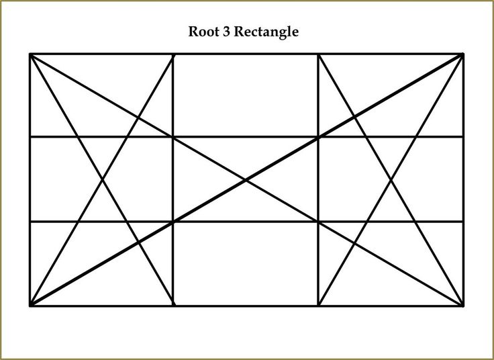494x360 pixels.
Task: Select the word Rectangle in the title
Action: [x=265, y=32]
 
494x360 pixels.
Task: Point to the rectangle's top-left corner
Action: [x=30, y=54]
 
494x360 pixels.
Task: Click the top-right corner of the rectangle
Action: [x=462, y=54]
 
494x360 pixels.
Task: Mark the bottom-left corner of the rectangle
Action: [x=30, y=305]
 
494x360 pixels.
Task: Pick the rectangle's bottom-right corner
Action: [x=462, y=305]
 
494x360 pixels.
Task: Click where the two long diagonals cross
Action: [x=246, y=179]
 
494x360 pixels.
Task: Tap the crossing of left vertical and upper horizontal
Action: [x=174, y=137]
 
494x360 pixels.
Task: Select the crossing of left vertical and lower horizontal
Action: [x=174, y=221]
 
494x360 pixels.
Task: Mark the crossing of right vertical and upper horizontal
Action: [x=318, y=137]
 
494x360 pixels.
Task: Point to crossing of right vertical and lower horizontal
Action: [x=318, y=221]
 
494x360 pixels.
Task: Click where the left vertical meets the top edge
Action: [x=174, y=54]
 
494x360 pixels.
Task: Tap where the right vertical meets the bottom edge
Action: [x=318, y=305]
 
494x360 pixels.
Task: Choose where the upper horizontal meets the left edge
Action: [x=30, y=137]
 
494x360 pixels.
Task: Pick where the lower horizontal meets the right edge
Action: [x=462, y=221]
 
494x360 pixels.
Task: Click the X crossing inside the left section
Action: [x=102, y=179]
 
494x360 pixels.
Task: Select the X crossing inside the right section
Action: [x=391, y=179]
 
